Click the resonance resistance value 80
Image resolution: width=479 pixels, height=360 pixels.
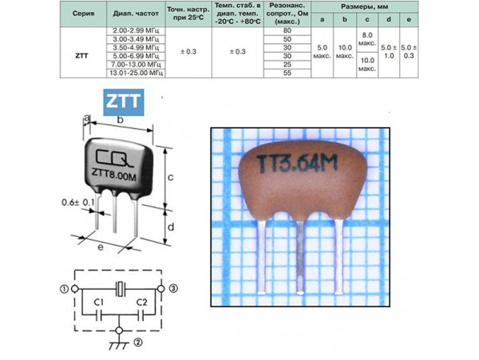pyautogui.click(x=287, y=30)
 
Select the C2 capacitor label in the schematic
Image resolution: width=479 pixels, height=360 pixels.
pyautogui.click(x=140, y=302)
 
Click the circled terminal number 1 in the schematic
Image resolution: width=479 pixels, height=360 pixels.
pyautogui.click(x=63, y=288)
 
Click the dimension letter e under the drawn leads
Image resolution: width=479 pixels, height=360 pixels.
pyautogui.click(x=101, y=249)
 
